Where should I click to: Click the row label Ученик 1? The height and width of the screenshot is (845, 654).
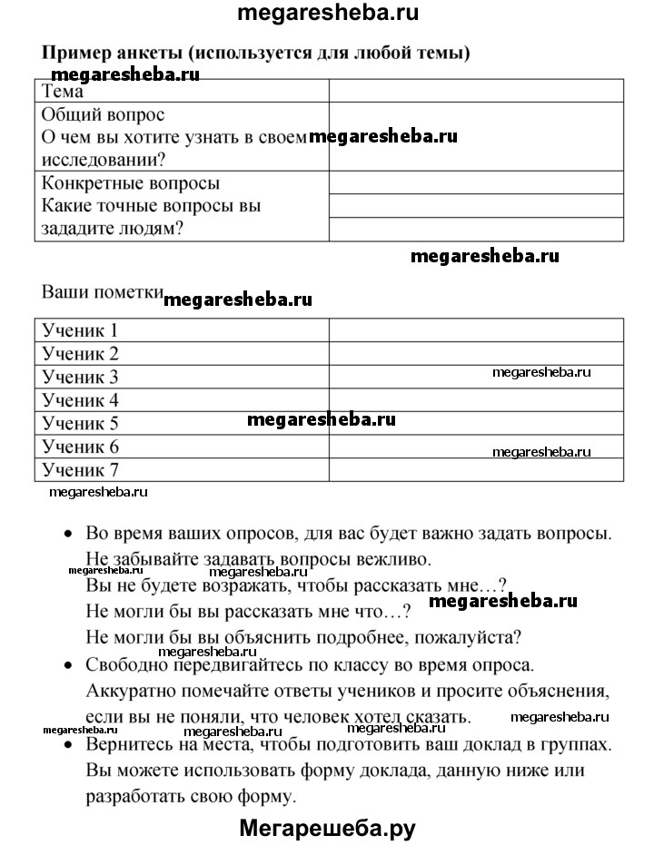(81, 330)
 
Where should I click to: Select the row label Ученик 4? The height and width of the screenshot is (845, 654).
(81, 400)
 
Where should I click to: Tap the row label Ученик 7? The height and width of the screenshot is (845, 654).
(81, 470)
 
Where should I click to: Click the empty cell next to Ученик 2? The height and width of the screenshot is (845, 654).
(476, 353)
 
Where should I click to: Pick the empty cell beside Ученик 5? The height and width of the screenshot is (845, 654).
(476, 423)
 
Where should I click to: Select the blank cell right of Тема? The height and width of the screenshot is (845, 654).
(476, 91)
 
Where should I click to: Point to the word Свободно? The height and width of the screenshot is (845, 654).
(127, 665)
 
